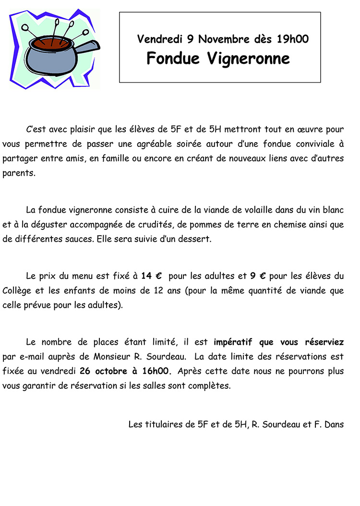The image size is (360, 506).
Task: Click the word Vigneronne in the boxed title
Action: [249, 58]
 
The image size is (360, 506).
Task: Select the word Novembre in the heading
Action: [223, 39]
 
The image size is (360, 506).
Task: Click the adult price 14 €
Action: [151, 276]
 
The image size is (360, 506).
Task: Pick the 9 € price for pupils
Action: [258, 276]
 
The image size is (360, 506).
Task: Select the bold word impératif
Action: [233, 342]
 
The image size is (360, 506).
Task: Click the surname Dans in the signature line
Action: [334, 424]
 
